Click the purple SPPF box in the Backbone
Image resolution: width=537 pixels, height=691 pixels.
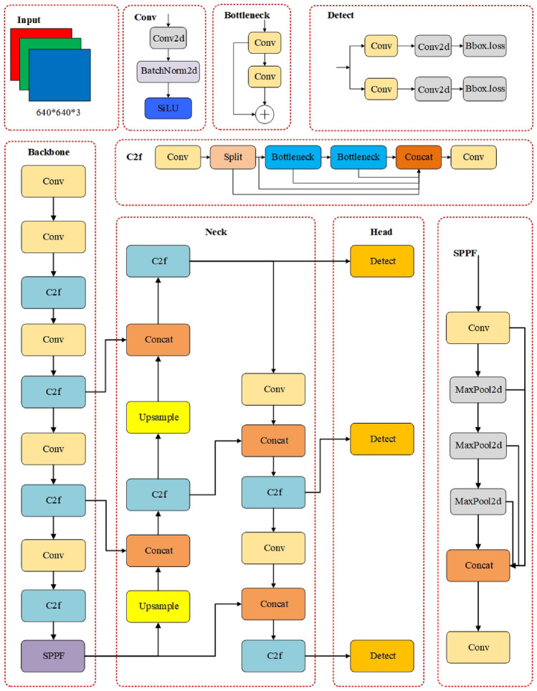54,655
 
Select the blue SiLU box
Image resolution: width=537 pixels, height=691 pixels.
167,108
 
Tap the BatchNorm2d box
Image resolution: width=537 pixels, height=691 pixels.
167,72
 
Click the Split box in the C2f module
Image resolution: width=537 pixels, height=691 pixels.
233,156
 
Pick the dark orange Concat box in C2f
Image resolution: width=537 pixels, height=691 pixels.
419,156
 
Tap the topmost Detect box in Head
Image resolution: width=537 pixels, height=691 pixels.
382,261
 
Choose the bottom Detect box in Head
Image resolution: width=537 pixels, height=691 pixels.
382,656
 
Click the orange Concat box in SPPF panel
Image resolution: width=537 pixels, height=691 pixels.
477,565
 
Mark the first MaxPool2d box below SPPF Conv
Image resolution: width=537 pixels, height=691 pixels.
477,391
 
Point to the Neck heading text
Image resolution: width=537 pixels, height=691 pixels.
215,232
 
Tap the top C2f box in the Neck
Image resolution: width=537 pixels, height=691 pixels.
158,261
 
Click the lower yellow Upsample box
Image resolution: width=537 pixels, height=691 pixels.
158,606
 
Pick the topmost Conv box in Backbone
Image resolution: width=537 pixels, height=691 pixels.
54,181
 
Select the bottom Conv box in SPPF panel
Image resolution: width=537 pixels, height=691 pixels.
477,647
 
